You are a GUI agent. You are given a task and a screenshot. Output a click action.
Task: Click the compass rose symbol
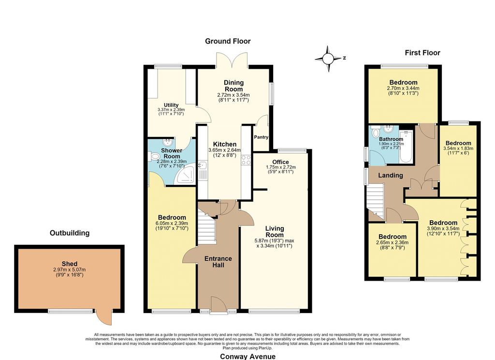point(328,59)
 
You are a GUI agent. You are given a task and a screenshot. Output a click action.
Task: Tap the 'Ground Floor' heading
point(228,41)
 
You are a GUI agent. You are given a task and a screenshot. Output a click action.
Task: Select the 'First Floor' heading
point(422,53)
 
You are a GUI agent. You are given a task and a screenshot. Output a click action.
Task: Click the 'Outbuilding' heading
point(70,233)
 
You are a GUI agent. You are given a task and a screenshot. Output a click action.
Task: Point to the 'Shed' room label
point(70,264)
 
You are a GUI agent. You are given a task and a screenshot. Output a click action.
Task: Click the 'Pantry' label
point(261,137)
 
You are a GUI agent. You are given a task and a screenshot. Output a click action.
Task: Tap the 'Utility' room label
point(171,105)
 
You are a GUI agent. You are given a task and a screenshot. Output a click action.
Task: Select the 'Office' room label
point(281,162)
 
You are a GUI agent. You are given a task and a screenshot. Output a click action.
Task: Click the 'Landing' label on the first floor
point(391,176)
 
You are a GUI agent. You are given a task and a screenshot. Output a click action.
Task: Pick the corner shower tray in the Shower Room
point(185,175)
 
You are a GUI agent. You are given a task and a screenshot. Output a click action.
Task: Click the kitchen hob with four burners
point(246,160)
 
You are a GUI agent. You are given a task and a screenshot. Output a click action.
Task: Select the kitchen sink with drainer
point(203,170)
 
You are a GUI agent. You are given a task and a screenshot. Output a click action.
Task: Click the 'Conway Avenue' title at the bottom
point(247,357)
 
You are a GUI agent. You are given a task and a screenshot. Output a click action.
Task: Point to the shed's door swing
point(104,317)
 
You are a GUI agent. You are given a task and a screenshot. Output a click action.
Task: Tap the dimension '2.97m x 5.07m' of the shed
point(70,270)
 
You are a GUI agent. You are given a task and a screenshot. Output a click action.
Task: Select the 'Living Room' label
point(275,232)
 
